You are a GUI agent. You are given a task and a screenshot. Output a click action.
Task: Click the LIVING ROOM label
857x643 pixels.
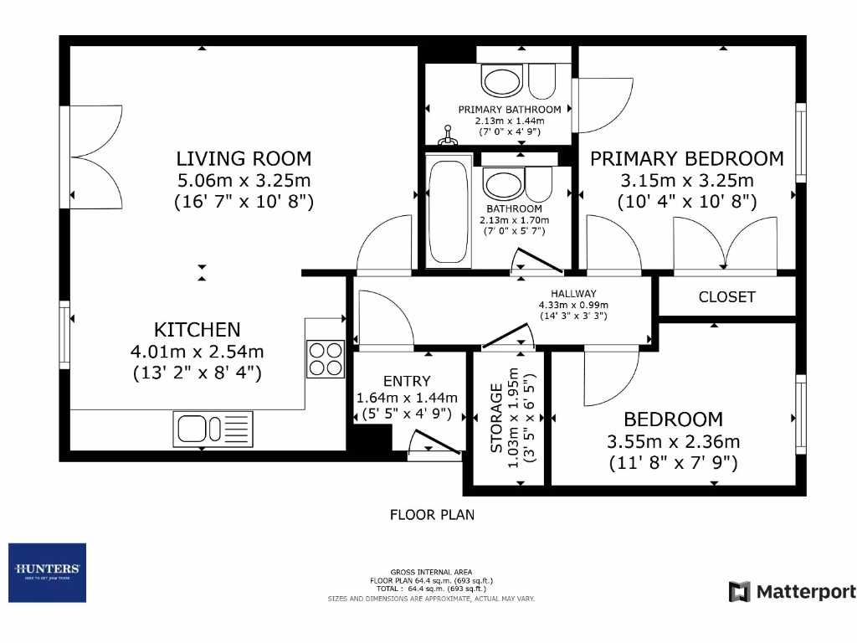pyautogui.click(x=244, y=158)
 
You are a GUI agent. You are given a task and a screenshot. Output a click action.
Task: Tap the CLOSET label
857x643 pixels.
pyautogui.click(x=726, y=297)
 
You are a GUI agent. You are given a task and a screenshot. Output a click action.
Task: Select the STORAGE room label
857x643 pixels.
pyautogui.click(x=496, y=419)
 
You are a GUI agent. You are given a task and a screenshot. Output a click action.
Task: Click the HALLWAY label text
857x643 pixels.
pyautogui.click(x=572, y=294)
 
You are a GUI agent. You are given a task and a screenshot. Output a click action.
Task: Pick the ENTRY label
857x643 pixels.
pyautogui.click(x=407, y=381)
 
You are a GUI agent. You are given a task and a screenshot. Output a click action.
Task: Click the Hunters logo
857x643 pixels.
pyautogui.click(x=47, y=573)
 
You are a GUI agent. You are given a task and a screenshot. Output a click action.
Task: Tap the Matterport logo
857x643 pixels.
pyautogui.click(x=792, y=592)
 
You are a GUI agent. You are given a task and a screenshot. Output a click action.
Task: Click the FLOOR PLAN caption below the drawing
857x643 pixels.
pyautogui.click(x=432, y=514)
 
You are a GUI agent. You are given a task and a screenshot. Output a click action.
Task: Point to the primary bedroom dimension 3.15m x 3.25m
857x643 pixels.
pyautogui.click(x=686, y=180)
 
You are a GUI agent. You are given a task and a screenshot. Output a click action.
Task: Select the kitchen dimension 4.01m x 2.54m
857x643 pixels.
pyautogui.click(x=197, y=352)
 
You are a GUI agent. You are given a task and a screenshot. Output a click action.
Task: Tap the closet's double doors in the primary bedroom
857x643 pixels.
pyautogui.click(x=726, y=243)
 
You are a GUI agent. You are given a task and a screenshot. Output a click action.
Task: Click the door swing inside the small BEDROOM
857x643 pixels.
pyautogui.click(x=611, y=377)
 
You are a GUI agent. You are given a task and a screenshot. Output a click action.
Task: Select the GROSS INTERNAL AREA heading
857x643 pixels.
pyautogui.click(x=432, y=572)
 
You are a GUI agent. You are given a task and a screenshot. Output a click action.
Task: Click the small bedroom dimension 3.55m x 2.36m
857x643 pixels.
pyautogui.click(x=673, y=441)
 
